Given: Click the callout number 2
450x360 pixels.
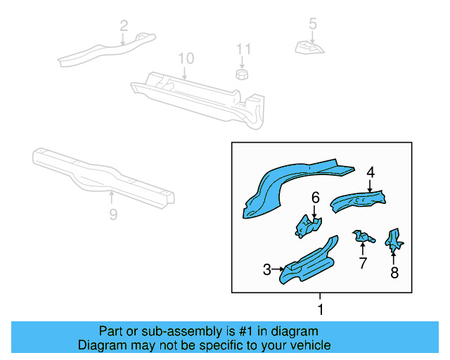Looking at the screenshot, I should (124, 27).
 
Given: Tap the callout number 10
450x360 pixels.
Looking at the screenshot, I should (185, 58).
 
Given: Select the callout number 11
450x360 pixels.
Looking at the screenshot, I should (243, 49).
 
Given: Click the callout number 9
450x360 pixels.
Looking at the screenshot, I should (113, 214).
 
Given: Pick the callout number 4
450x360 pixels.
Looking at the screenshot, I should (370, 172).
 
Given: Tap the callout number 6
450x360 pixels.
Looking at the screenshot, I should (316, 198).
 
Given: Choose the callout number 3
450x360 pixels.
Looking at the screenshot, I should (267, 269).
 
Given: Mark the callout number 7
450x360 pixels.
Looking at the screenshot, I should (363, 263).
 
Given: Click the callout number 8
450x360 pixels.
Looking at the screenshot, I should (394, 273).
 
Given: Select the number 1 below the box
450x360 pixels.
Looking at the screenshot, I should (321, 309).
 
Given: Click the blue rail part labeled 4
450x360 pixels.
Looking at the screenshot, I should (359, 201).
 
